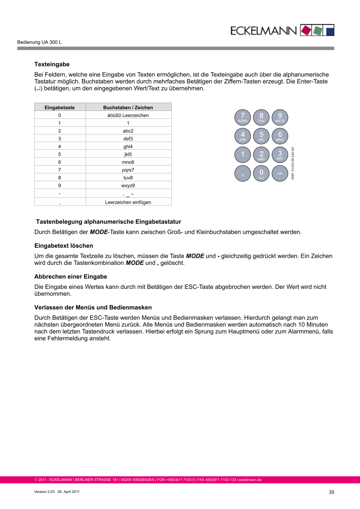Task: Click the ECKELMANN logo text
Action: [x=264, y=30]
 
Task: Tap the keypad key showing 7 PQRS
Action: [x=243, y=117]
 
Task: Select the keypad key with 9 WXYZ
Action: [x=280, y=117]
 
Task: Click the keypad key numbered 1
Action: [x=243, y=155]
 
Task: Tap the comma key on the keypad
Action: [x=243, y=173]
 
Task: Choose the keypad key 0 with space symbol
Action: [x=261, y=173]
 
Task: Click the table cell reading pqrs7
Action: [x=128, y=170]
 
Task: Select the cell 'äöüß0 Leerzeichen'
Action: [x=128, y=115]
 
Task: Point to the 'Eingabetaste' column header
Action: [x=60, y=107]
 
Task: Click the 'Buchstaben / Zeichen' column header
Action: [x=128, y=107]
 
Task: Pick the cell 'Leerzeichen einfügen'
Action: [x=128, y=202]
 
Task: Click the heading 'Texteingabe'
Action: [x=52, y=65]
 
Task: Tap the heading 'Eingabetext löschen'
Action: [x=64, y=246]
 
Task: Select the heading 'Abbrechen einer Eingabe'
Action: [x=71, y=276]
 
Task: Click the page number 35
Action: [x=331, y=492]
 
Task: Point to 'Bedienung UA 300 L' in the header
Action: [x=39, y=43]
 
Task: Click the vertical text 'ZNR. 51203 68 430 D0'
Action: [x=293, y=163]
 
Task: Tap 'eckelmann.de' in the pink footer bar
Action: [x=250, y=480]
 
